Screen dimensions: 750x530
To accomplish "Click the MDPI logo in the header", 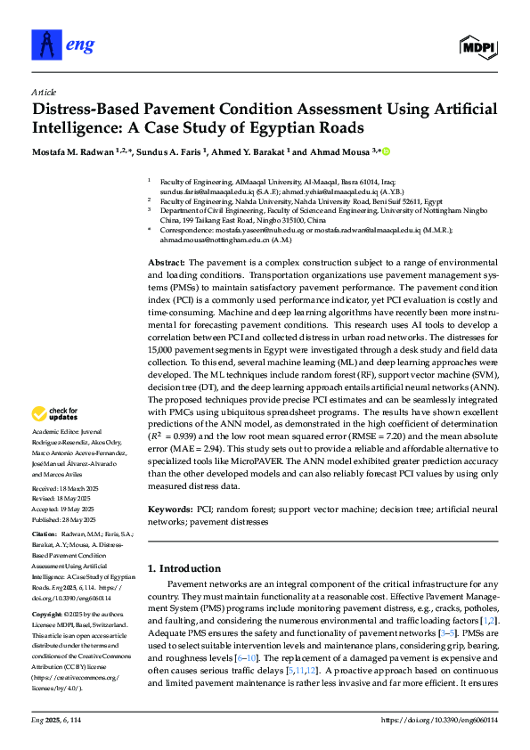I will tap(478, 44).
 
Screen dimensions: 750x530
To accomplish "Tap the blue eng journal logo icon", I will tap(44, 42).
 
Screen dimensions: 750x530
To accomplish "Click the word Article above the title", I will tap(43, 92).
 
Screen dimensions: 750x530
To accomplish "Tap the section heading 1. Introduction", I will tap(183, 568).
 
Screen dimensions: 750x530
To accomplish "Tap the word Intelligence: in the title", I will tap(76, 131).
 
